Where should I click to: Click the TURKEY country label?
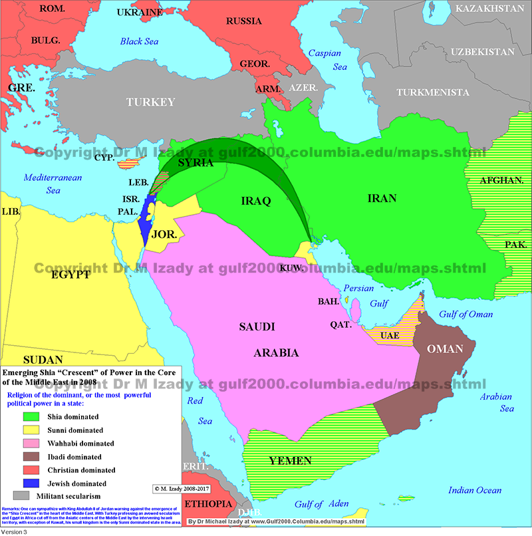151,102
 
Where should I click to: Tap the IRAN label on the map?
382,198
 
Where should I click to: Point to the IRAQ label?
255,200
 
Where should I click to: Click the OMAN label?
446,349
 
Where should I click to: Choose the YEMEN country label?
290,460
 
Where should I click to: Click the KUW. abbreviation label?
292,267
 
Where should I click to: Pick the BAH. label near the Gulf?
328,301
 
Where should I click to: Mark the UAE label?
390,335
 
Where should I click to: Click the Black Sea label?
141,41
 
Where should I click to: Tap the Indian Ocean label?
475,490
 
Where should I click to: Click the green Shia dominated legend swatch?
30,416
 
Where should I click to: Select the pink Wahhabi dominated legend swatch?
30,443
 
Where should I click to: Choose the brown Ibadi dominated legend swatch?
30,456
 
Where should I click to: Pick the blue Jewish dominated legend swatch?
30,483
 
